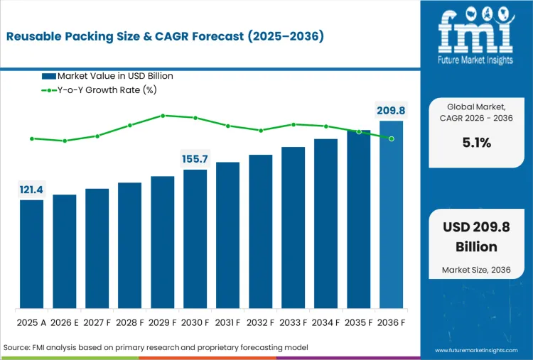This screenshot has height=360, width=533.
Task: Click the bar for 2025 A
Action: (x=31, y=254)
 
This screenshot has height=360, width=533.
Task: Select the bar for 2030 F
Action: (x=195, y=239)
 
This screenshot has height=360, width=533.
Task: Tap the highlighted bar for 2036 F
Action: (x=391, y=214)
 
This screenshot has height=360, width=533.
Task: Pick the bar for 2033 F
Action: (x=293, y=227)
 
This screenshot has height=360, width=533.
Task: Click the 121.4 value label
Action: (x=31, y=190)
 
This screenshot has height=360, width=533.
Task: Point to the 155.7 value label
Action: (x=195, y=159)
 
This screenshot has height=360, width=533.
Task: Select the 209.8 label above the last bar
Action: (x=391, y=110)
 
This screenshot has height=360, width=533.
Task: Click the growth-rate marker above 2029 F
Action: (x=163, y=115)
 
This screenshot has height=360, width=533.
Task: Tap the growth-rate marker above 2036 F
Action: (x=392, y=138)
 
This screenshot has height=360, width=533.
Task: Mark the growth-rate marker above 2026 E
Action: (x=65, y=141)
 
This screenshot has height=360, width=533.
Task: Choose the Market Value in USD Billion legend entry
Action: (x=107, y=76)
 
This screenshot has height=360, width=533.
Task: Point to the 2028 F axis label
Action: (x=129, y=323)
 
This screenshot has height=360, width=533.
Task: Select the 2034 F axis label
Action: (x=325, y=323)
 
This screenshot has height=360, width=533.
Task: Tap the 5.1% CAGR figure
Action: (x=475, y=142)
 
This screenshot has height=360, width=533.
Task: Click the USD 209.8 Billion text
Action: (x=475, y=236)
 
